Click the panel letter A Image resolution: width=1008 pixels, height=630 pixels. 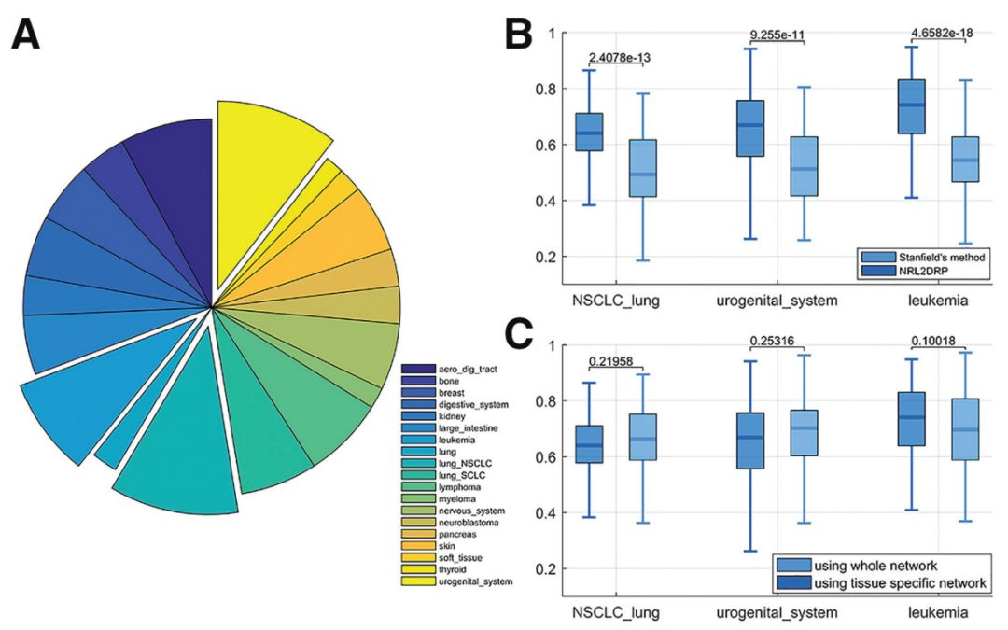point(27,36)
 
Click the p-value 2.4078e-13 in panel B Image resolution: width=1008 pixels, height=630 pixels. point(620,58)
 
